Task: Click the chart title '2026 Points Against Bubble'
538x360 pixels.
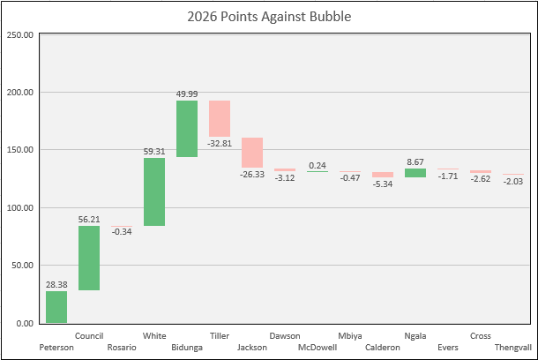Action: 269,17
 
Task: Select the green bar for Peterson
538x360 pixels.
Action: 56,307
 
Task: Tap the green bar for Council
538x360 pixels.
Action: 89,258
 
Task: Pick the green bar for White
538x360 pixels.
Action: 154,191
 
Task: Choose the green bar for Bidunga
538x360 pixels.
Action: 187,129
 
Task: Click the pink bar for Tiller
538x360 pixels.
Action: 220,119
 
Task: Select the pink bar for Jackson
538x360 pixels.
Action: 252,153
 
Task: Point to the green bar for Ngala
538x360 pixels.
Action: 415,173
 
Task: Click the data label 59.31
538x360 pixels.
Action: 154,151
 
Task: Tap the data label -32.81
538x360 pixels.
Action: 220,143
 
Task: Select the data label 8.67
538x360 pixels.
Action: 415,162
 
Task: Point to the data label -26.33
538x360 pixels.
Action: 252,174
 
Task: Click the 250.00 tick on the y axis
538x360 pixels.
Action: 20,34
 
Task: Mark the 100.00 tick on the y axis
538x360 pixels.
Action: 20,208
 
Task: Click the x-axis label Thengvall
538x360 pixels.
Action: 513,348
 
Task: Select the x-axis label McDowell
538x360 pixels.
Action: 318,348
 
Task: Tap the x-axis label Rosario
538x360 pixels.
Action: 122,348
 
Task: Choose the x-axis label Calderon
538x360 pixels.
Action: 383,348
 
